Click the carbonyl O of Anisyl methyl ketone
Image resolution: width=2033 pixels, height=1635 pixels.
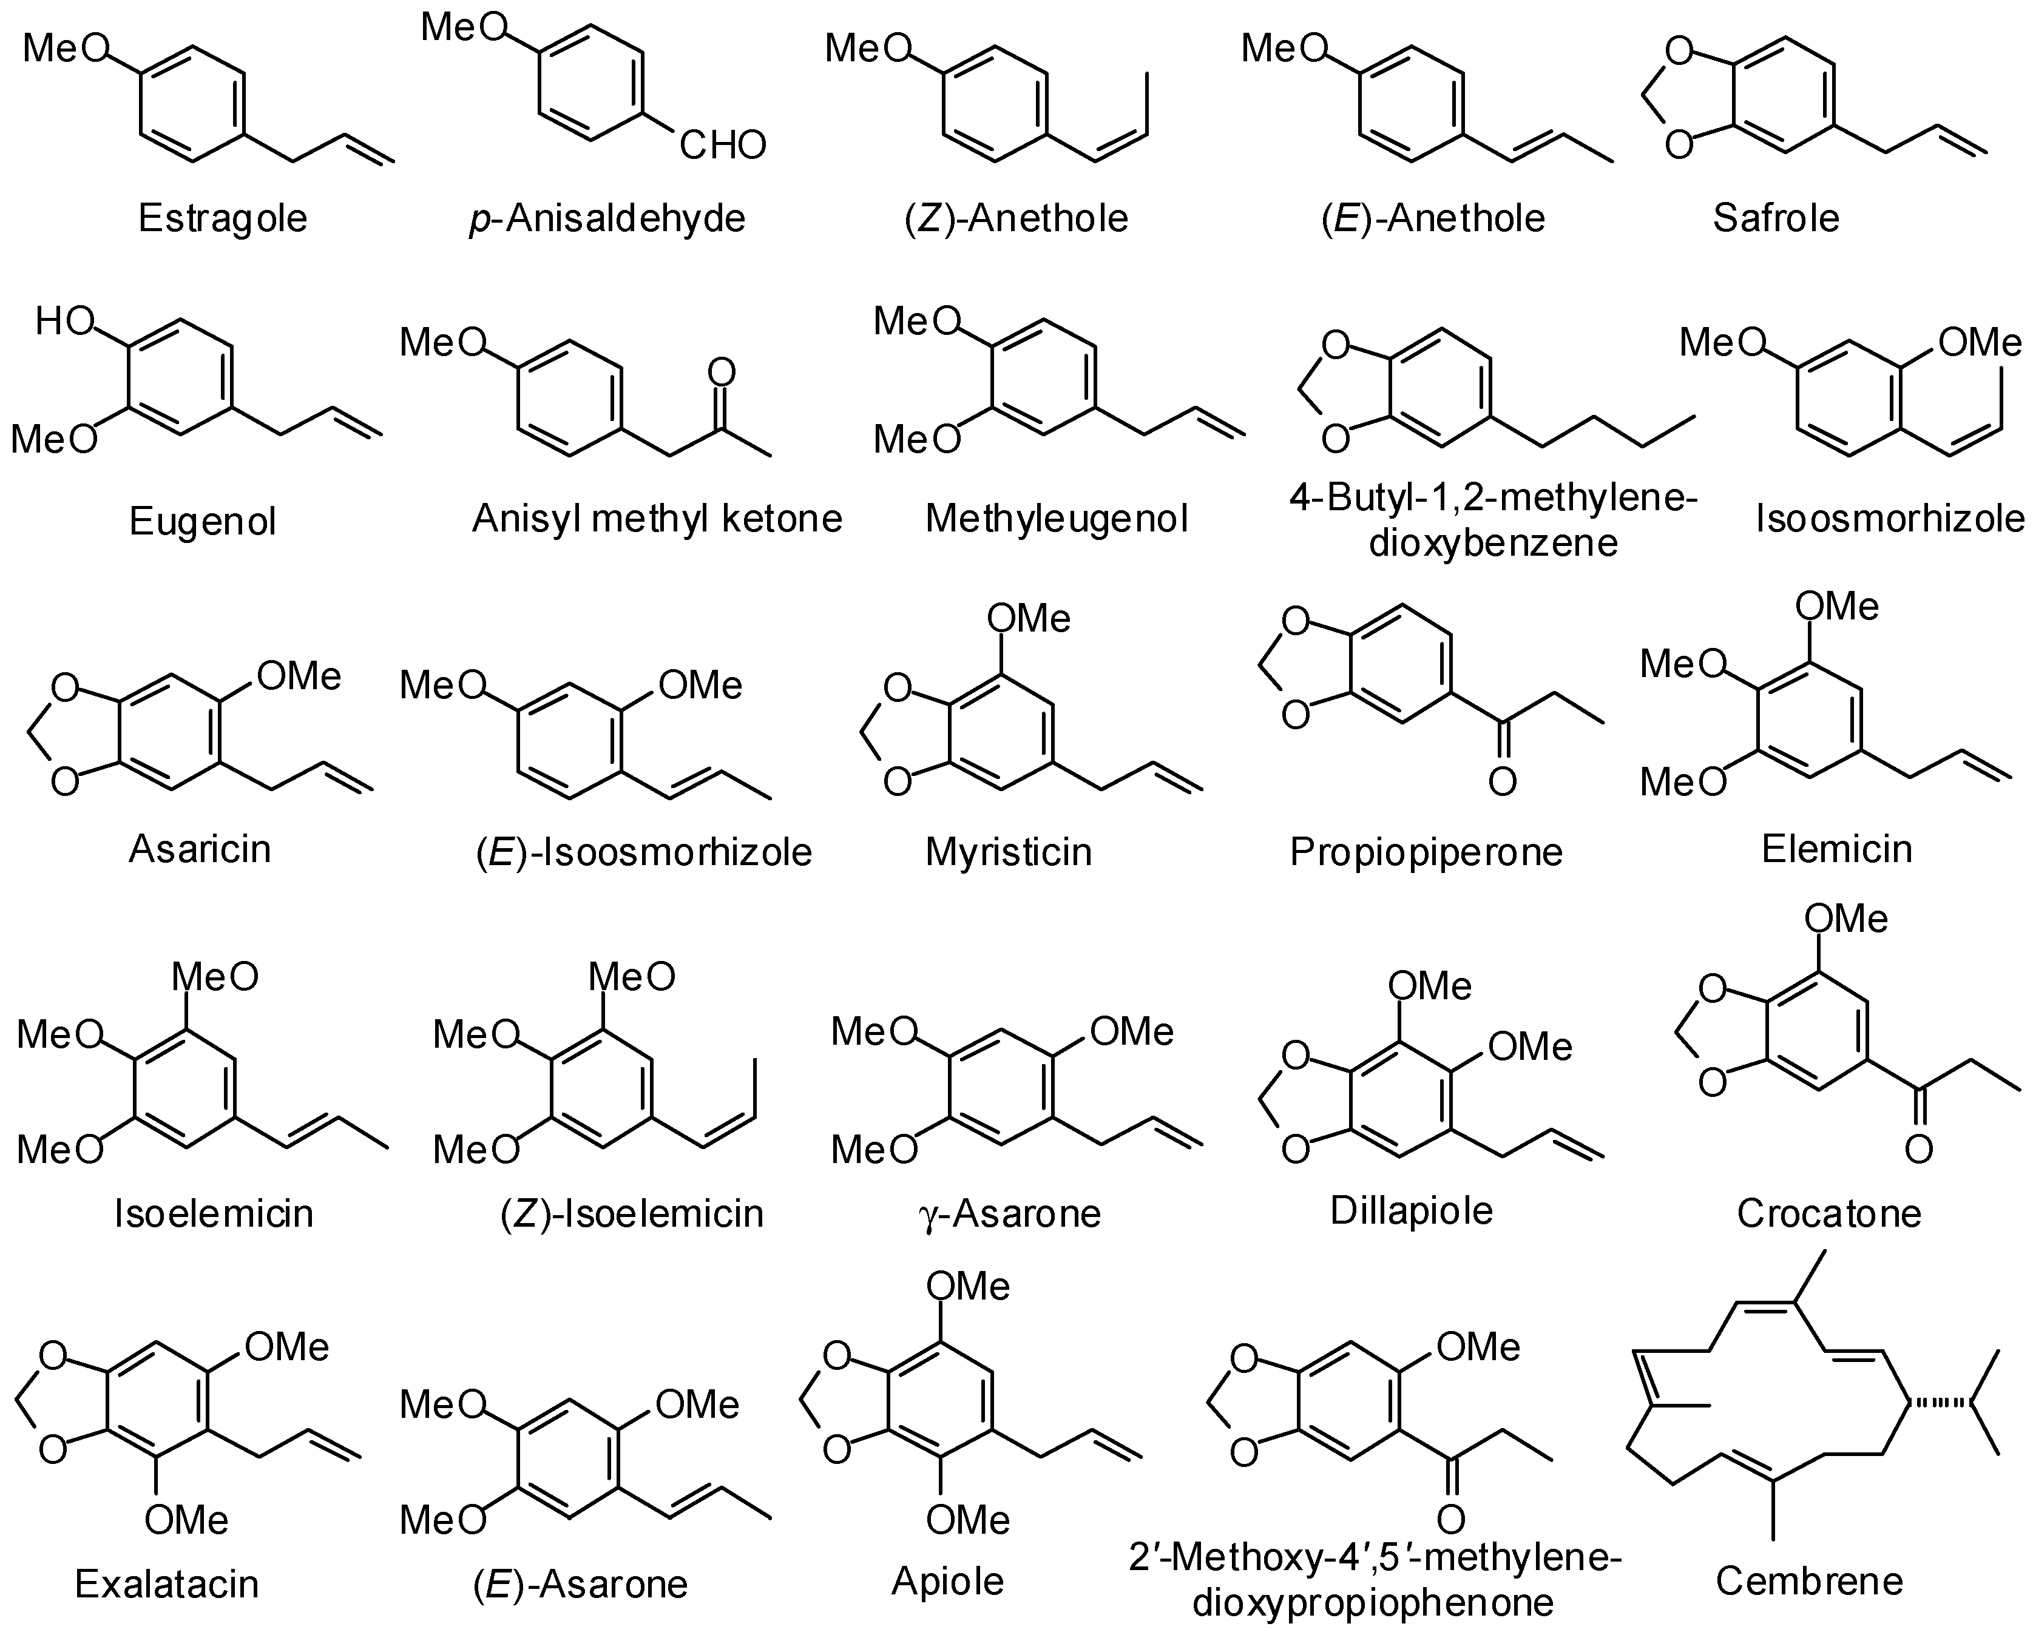[x=722, y=373]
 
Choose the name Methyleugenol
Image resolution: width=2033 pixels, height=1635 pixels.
[x=1056, y=519]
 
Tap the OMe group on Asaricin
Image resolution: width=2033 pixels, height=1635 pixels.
[x=299, y=676]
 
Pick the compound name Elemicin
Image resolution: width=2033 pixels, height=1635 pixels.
[x=1837, y=849]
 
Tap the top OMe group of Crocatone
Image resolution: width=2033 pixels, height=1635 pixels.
[x=1846, y=919]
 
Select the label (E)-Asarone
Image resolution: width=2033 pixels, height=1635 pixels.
[x=580, y=1584]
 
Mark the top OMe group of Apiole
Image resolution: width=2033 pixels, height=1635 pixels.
[x=969, y=1287]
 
